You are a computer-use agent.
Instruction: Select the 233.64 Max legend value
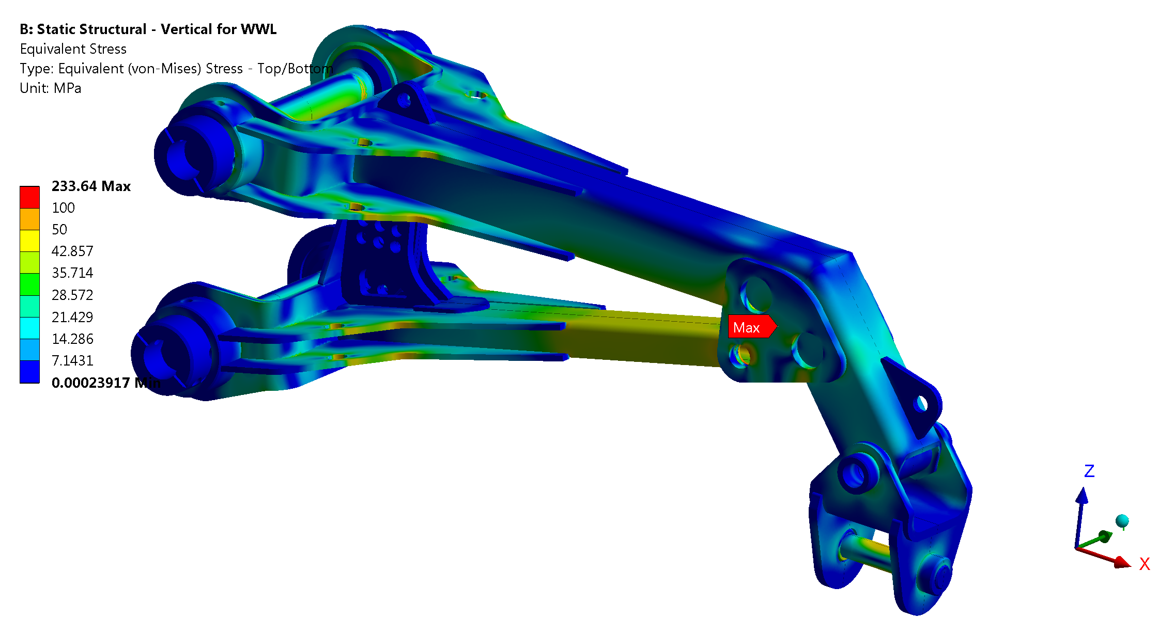[x=91, y=186]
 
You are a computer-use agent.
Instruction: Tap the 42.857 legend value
[x=72, y=251]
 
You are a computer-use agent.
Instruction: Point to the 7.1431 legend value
[x=72, y=361]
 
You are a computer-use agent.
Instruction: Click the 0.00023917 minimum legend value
[x=106, y=383]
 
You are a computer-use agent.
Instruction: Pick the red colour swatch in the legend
[x=29, y=197]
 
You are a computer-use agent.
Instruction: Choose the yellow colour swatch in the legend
[x=29, y=241]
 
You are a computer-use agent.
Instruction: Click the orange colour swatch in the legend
[x=29, y=219]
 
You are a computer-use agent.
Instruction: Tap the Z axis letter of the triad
[x=1089, y=471]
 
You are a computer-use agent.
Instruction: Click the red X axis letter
[x=1145, y=564]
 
